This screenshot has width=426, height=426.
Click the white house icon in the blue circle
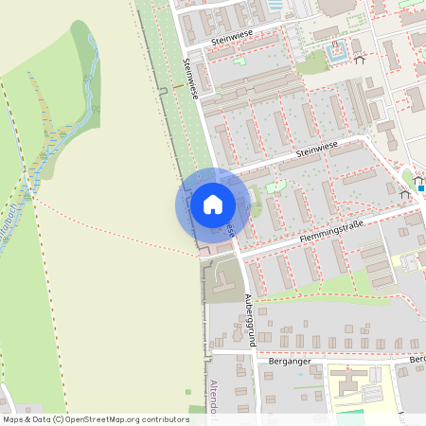[213, 204]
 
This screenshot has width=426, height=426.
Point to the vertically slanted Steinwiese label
[190, 78]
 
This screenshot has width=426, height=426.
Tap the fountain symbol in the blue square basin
[337, 54]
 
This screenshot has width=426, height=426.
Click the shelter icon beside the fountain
[359, 60]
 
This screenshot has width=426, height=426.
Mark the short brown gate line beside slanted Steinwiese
[177, 87]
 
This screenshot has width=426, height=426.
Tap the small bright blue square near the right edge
[421, 186]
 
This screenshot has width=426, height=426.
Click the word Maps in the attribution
[13, 418]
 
